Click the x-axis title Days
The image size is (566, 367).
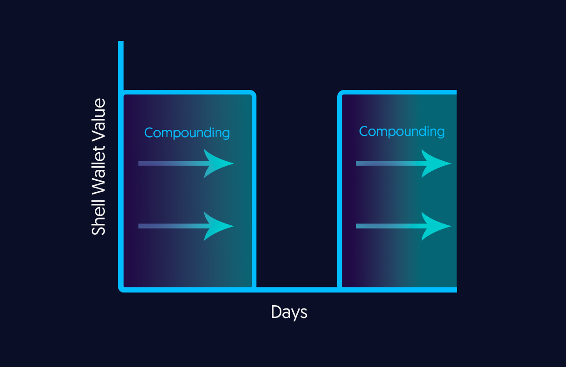[289, 312]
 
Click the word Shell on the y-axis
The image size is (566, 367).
[98, 217]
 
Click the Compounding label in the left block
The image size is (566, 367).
[187, 133]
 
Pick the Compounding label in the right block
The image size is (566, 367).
[402, 132]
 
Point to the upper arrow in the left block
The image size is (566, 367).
[186, 164]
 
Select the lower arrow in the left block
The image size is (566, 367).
[186, 226]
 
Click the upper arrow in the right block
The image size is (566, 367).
[404, 164]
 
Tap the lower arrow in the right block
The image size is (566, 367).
[404, 226]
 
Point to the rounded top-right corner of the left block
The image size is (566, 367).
[253, 93]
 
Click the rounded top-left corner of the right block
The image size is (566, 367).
[340, 93]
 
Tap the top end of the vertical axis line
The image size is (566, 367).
[121, 41]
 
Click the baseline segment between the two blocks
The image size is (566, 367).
[297, 290]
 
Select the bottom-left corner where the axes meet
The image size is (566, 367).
[121, 289]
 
